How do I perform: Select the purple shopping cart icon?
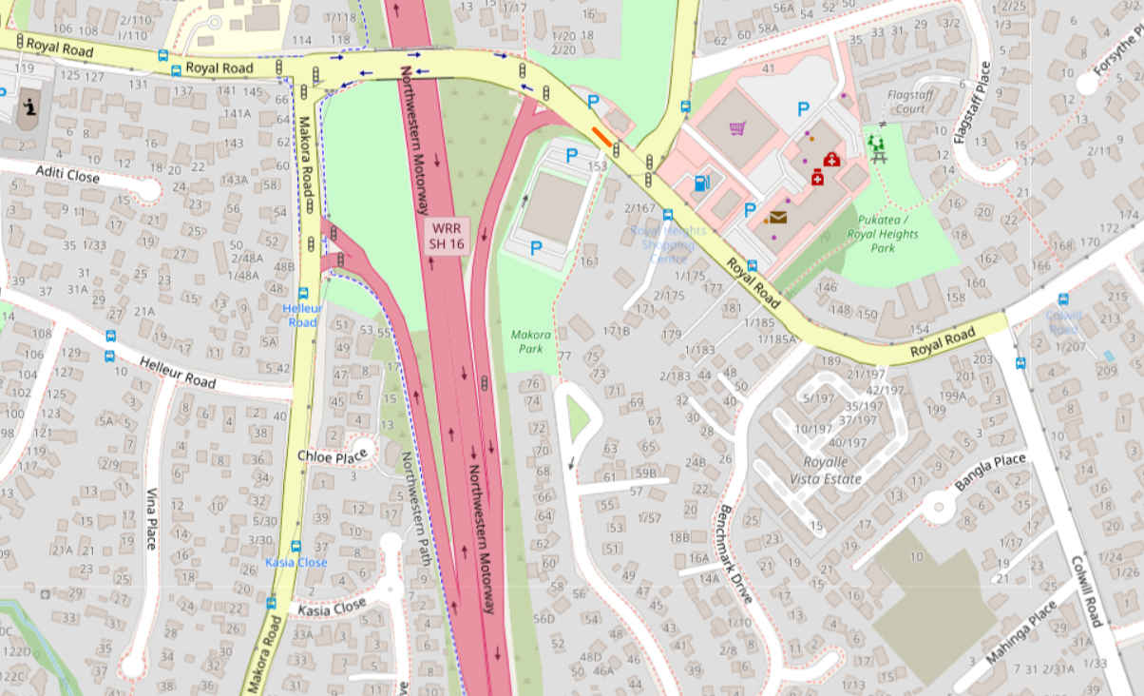[736, 128]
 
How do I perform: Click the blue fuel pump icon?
[701, 183]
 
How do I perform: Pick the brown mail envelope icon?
[778, 217]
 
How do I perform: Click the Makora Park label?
[531, 342]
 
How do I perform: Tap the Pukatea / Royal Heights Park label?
[883, 234]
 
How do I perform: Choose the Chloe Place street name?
[332, 457]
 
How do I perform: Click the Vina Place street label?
[151, 518]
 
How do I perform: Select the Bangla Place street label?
[990, 473]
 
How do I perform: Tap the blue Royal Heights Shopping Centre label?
[669, 244]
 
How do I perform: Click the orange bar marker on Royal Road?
[602, 137]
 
